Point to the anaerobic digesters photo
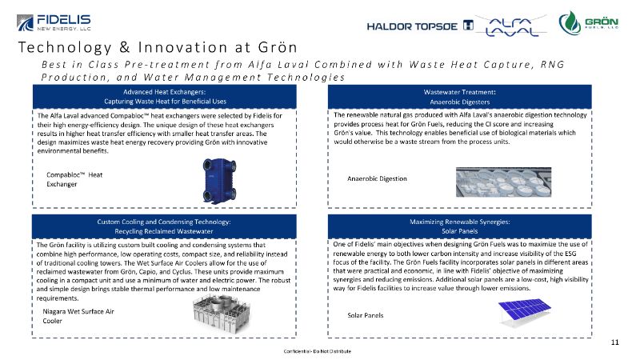[x=508, y=181]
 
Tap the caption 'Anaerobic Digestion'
[x=377, y=178]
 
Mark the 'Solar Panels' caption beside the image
[x=366, y=315]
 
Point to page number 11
[x=614, y=342]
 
